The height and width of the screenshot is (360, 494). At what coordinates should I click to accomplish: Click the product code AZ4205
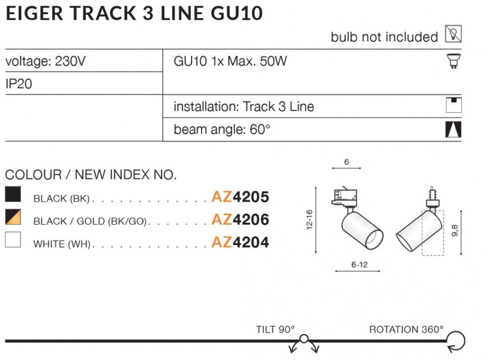240,197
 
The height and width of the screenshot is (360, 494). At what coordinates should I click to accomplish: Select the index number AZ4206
240,220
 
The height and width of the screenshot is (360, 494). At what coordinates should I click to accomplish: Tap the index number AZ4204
240,242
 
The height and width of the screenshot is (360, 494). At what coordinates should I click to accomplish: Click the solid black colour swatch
13,195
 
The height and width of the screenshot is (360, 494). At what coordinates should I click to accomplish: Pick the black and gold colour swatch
13,218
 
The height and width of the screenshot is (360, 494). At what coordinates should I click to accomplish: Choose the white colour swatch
13,240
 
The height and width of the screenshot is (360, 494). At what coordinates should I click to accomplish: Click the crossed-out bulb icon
453,34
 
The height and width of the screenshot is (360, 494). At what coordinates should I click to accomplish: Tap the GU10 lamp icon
453,61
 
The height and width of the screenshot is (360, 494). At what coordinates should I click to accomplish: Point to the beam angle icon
453,130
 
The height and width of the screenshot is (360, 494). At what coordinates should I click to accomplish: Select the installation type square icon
453,104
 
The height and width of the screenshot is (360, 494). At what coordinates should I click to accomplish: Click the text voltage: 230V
45,62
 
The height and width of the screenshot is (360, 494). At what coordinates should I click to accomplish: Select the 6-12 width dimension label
359,265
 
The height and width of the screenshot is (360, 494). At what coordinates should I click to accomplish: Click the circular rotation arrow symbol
456,341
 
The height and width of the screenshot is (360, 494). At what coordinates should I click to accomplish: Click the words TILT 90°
276,329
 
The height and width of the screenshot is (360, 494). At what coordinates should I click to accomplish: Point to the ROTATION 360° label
406,329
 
